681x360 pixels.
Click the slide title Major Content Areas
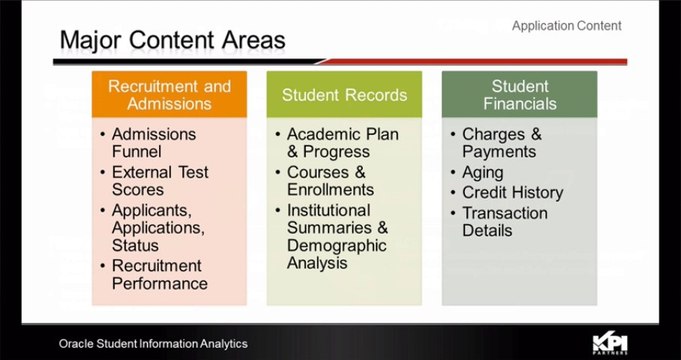[x=172, y=40]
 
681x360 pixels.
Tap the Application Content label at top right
[x=566, y=26]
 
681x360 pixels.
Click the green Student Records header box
[x=344, y=95]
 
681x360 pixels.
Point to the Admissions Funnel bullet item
[x=154, y=143]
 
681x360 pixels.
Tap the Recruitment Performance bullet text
[x=159, y=274]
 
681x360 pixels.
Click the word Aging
[x=482, y=172]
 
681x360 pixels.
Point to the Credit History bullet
[x=512, y=192]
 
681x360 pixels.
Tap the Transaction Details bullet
[x=504, y=221]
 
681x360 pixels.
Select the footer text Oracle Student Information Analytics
[x=152, y=344]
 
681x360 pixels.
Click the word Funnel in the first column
[x=140, y=152]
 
